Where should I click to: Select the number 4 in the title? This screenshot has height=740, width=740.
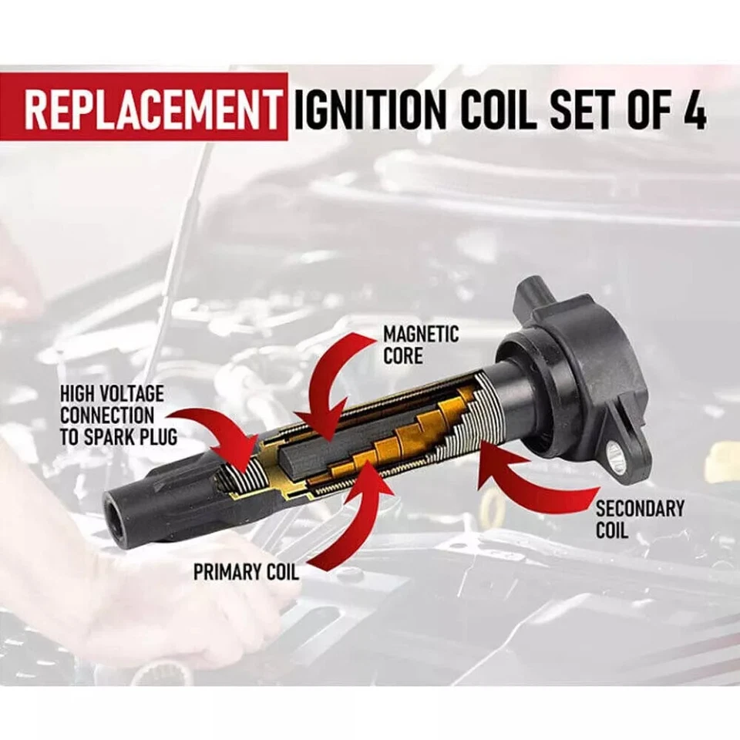pyautogui.click(x=695, y=110)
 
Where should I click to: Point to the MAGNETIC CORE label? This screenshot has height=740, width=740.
pyautogui.click(x=420, y=345)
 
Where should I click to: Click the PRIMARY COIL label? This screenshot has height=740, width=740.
pyautogui.click(x=246, y=573)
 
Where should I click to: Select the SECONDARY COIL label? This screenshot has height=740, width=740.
pyautogui.click(x=639, y=520)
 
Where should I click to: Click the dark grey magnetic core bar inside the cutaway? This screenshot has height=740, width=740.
pyautogui.click(x=308, y=455)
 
